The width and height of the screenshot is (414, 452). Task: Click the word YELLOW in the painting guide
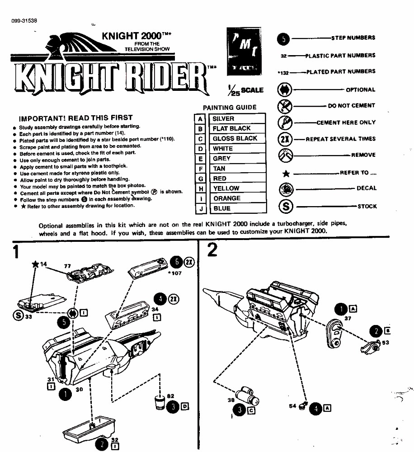pos(226,188)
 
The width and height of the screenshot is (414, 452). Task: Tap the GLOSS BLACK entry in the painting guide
pos(235,139)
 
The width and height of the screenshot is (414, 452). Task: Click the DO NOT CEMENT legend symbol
pos(286,106)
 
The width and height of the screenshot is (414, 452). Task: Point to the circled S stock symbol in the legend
pos(286,207)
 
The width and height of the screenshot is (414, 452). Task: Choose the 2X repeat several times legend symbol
pos(286,139)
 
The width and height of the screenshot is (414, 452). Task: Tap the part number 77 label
pos(67,267)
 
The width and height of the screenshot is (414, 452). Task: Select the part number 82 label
pos(170,396)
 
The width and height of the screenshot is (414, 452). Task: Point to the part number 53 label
pos(385,343)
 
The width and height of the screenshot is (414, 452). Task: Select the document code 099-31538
pos(24,21)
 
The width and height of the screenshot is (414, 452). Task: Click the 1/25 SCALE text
pos(246,89)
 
